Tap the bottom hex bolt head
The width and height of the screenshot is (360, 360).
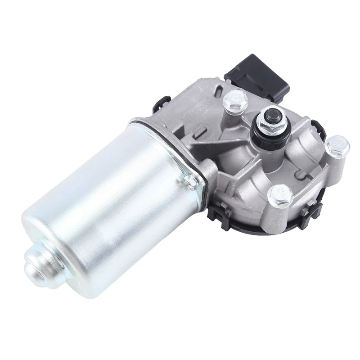(280, 195)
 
